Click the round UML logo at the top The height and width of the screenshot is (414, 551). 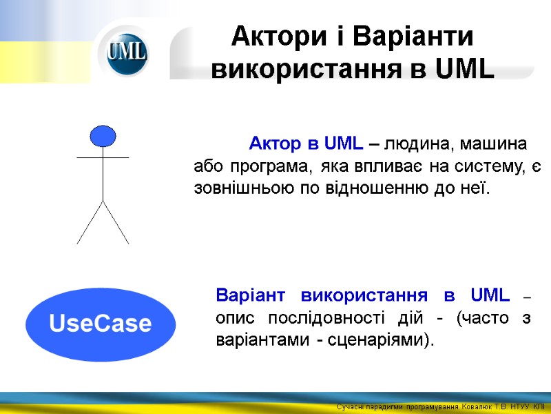click(x=127, y=54)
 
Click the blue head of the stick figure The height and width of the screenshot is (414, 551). click(x=103, y=136)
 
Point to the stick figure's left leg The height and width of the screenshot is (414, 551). click(x=90, y=222)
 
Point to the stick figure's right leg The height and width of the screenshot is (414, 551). click(x=116, y=222)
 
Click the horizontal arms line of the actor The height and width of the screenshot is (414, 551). click(x=103, y=158)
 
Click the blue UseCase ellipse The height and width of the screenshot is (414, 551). click(x=101, y=324)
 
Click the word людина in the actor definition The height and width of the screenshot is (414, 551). click(x=417, y=144)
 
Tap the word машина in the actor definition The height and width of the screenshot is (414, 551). click(x=495, y=144)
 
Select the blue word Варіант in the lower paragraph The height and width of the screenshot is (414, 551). click(x=249, y=296)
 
